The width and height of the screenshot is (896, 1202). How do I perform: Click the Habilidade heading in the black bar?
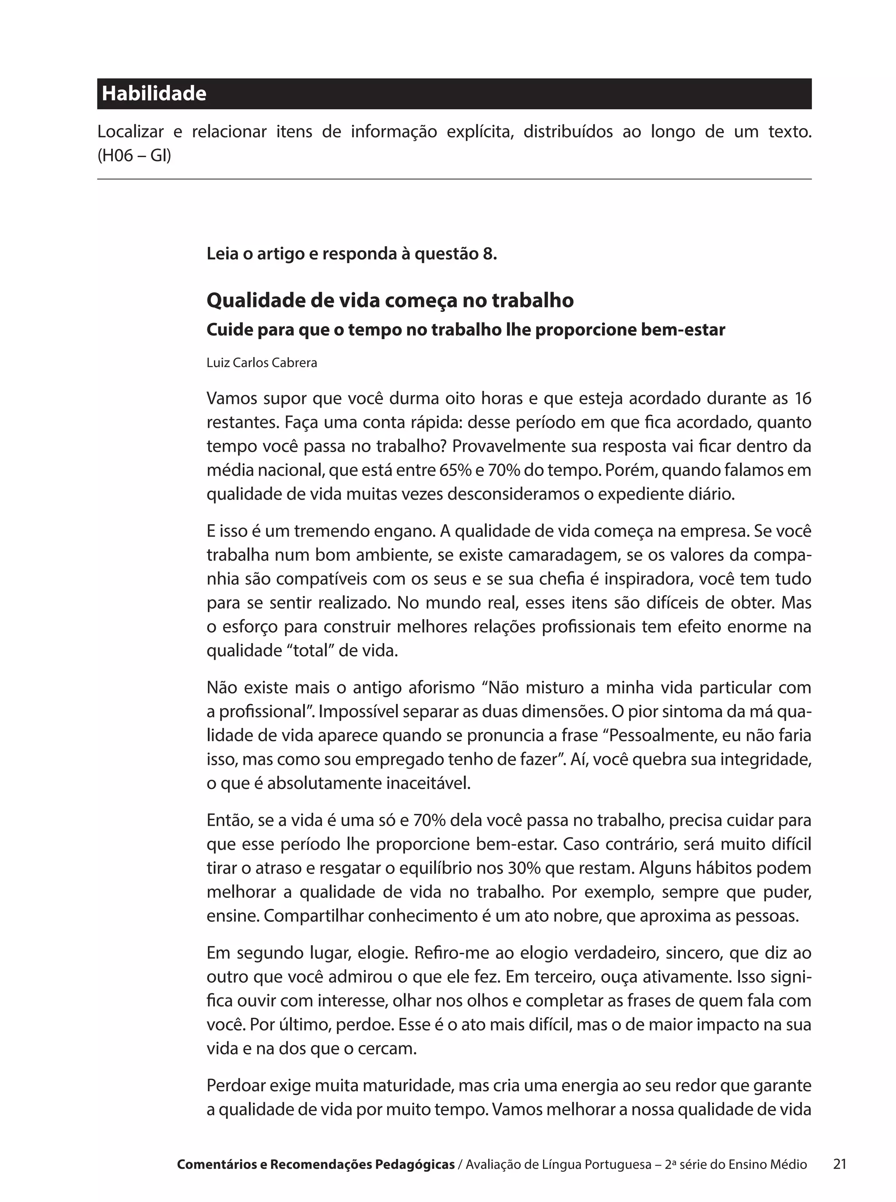pos(154,94)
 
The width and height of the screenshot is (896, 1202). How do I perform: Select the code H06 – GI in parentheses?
pos(134,156)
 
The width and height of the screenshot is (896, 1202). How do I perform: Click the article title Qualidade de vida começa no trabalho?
pos(390,300)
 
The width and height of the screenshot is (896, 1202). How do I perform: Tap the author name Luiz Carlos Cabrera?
pos(262,363)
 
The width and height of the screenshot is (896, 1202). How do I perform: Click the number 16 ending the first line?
pos(802,399)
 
